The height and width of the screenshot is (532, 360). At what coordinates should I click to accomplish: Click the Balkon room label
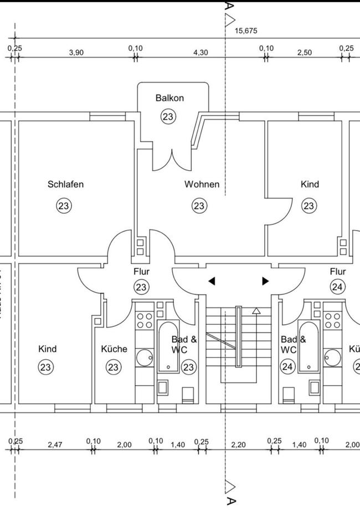pyautogui.click(x=169, y=98)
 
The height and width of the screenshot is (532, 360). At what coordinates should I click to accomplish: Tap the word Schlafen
pyautogui.click(x=65, y=185)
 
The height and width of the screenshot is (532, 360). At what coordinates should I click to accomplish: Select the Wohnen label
pyautogui.click(x=202, y=185)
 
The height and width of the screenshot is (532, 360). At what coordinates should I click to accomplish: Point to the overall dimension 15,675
pyautogui.click(x=246, y=31)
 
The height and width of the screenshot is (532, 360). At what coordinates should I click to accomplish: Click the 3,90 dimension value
pyautogui.click(x=76, y=53)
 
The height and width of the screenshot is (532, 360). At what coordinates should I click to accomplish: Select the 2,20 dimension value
pyautogui.click(x=238, y=444)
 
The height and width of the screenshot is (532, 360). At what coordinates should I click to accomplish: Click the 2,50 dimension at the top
pyautogui.click(x=305, y=53)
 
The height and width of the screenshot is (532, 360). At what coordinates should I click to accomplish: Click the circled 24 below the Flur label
pyautogui.click(x=337, y=287)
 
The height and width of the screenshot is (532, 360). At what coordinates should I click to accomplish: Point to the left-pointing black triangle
pyautogui.click(x=211, y=282)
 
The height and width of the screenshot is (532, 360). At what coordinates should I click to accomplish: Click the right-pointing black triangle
pyautogui.click(x=265, y=282)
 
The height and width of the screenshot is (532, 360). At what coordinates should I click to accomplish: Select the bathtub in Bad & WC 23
pyautogui.click(x=168, y=345)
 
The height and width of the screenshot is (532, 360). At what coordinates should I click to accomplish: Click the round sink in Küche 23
pyautogui.click(x=145, y=356)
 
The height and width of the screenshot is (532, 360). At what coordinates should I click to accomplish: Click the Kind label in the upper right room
pyautogui.click(x=310, y=185)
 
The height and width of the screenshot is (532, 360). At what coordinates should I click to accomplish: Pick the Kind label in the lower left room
pyautogui.click(x=47, y=349)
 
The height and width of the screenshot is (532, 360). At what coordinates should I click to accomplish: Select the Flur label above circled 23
pyautogui.click(x=142, y=272)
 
